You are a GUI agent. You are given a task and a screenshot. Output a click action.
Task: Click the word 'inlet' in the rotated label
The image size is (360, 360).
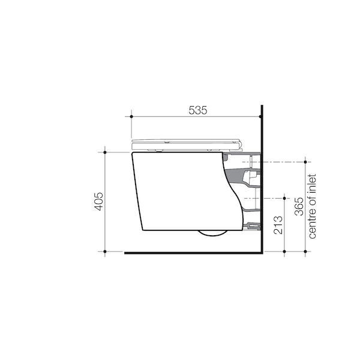pos(312,183)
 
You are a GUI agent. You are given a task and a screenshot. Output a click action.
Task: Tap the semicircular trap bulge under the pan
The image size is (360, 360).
pos(214,235)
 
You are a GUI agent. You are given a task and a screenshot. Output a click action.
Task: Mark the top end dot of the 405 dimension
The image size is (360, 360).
pos(106,152)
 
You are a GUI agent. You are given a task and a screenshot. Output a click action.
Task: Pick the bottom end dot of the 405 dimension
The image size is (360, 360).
pos(106,251)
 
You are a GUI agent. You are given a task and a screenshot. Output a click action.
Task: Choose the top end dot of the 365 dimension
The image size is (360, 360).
pos(306,162)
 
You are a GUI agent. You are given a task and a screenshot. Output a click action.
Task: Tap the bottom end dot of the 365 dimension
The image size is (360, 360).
pos(306,251)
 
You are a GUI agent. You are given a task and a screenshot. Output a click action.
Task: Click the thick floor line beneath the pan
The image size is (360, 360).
pos(192,253)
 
